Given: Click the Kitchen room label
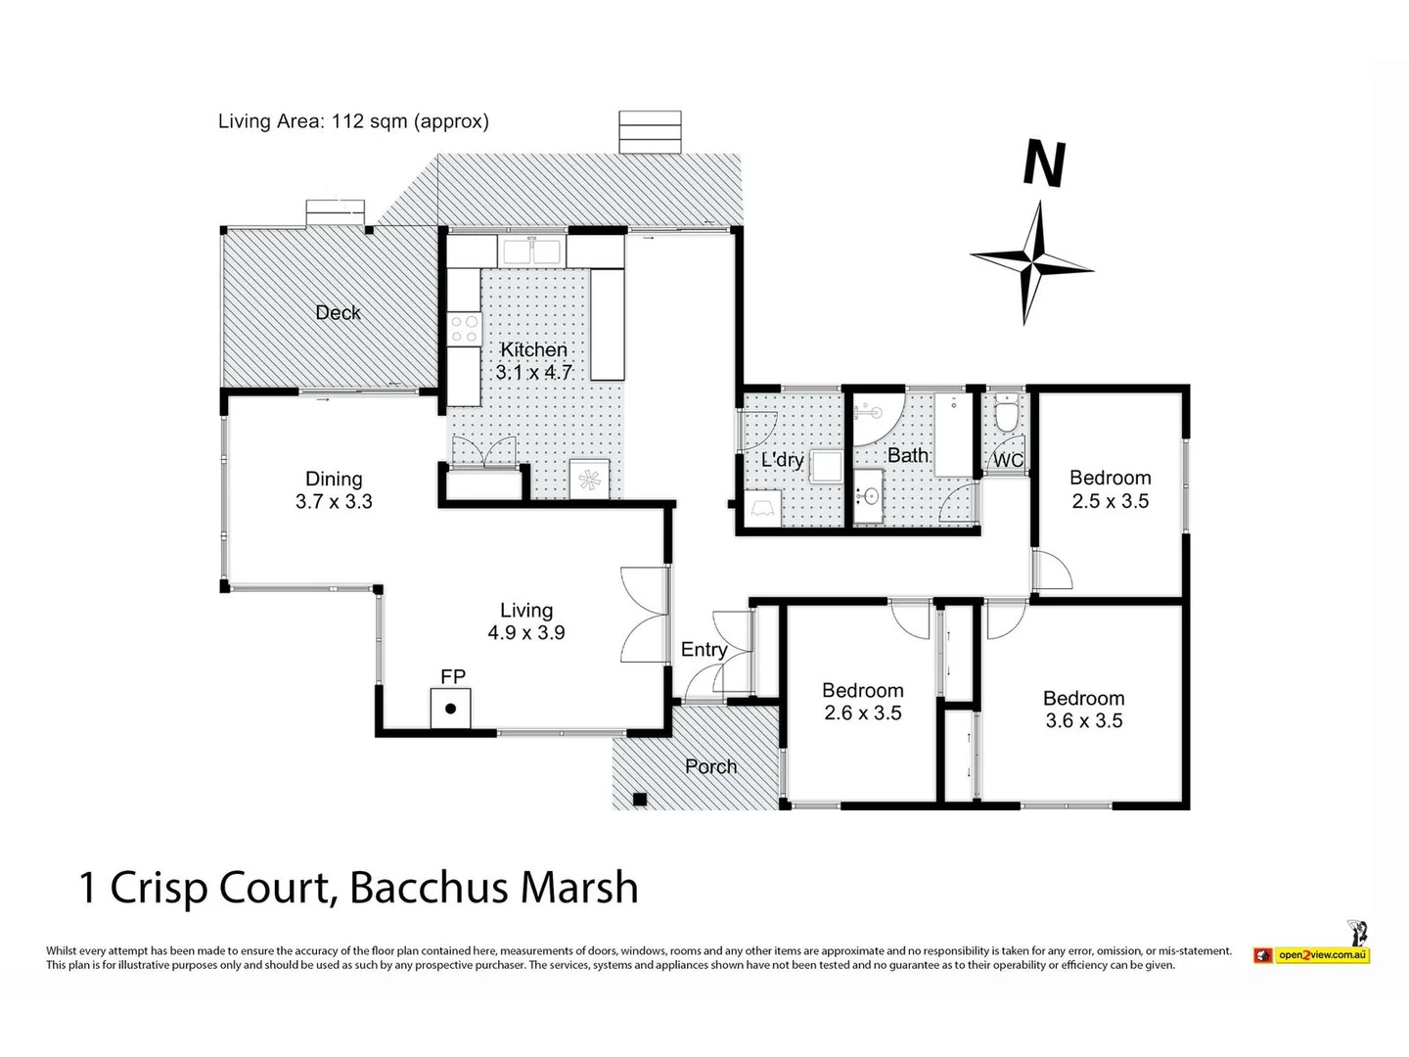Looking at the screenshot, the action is click(533, 349).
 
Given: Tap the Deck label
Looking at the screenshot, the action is click(338, 312).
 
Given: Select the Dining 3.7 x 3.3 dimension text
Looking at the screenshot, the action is click(334, 501).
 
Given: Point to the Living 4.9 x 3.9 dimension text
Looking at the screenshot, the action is click(526, 633).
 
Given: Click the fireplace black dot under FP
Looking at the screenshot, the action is click(451, 709).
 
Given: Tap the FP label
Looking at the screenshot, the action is click(453, 676).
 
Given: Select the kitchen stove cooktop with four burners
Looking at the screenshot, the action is click(464, 329).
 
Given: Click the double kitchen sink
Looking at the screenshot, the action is click(532, 252).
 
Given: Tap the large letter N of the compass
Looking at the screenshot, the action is click(1044, 163).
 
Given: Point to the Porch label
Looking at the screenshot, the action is click(710, 766).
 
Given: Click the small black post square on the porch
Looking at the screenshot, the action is click(639, 800).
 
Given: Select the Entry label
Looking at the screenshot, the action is click(704, 650).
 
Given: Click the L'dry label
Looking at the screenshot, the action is click(783, 460).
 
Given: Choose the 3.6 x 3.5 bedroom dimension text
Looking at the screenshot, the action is click(1083, 720).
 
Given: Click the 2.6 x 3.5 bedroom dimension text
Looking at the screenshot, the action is click(863, 713).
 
